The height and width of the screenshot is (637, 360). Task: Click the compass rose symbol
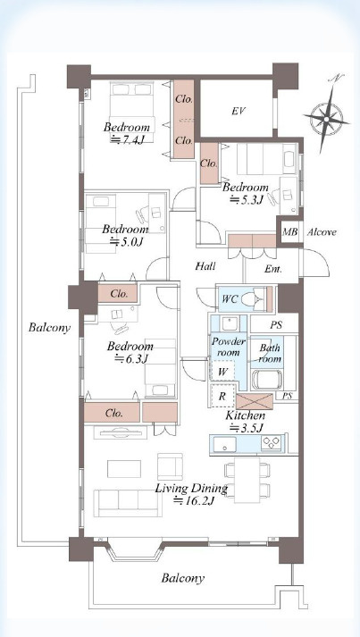coord(327,118)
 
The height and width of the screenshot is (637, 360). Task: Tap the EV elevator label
coord(239,111)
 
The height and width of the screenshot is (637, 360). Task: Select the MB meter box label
coord(290,232)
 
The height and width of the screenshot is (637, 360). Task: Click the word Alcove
coord(322,232)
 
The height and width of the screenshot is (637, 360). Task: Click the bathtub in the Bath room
coord(267,380)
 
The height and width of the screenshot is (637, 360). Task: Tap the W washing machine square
coord(223,371)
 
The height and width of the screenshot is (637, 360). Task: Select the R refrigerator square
coord(222,395)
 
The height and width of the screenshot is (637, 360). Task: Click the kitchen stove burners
coord(272,442)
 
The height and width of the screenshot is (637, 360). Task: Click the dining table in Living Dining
coord(247,480)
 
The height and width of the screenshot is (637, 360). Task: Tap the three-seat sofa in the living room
coord(128,503)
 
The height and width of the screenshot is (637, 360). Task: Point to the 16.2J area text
coord(194,500)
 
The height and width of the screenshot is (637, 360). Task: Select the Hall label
coord(205,266)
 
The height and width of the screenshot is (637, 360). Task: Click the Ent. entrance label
coord(273,269)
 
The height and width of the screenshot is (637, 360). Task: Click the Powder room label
coord(229,347)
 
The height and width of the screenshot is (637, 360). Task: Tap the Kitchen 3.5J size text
coord(247,428)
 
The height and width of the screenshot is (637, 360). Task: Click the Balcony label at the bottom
coord(183,578)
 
